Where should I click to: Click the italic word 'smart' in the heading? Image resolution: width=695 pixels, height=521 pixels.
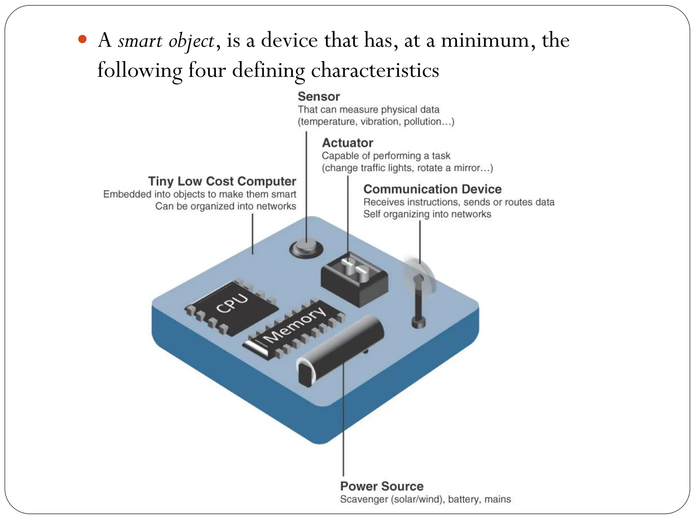pyautogui.click(x=140, y=41)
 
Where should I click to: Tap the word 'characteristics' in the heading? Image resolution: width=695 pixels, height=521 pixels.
pyautogui.click(x=375, y=71)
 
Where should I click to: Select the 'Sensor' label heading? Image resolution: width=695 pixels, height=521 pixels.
pyautogui.click(x=318, y=97)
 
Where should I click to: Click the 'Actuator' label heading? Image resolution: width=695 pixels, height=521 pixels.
pyautogui.click(x=347, y=143)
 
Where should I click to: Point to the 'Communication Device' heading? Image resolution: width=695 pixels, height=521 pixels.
pyautogui.click(x=432, y=189)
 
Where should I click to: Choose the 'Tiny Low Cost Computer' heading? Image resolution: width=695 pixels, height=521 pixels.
pyautogui.click(x=222, y=181)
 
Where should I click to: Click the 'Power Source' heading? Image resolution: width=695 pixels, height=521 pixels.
pyautogui.click(x=381, y=486)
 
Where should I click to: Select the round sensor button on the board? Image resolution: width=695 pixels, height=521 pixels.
pyautogui.click(x=306, y=248)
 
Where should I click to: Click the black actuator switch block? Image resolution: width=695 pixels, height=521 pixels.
pyautogui.click(x=355, y=280)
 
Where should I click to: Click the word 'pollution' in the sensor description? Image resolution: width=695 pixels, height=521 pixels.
pyautogui.click(x=422, y=121)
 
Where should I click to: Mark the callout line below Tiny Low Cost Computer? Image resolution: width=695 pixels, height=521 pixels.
pyautogui.click(x=252, y=234)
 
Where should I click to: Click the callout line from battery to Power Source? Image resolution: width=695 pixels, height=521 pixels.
pyautogui.click(x=343, y=424)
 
